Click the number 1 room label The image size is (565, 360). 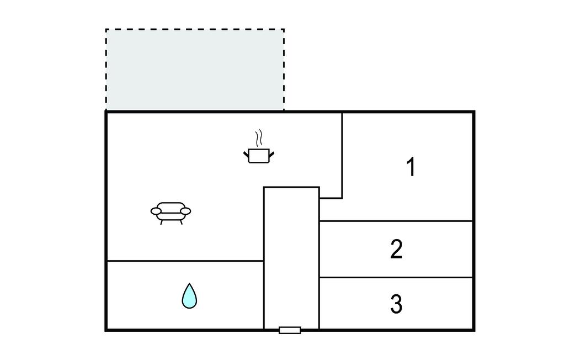[x=411, y=167]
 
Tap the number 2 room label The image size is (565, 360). [x=396, y=249]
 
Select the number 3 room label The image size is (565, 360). [x=396, y=304]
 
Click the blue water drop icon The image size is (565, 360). [x=189, y=296]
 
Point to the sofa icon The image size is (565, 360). [x=171, y=213]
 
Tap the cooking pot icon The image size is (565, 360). [x=259, y=156]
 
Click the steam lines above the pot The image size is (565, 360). [x=258, y=138]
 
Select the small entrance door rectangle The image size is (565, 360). [x=290, y=330]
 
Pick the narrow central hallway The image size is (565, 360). [x=291, y=258]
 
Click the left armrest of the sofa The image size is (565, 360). [x=156, y=211]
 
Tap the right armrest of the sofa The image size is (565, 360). [x=185, y=211]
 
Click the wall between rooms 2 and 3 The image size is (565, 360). [x=396, y=277]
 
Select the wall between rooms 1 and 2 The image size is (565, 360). [x=396, y=221]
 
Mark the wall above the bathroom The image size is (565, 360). [x=185, y=261]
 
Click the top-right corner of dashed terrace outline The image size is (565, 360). [x=284, y=30]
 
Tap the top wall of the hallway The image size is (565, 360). [x=291, y=187]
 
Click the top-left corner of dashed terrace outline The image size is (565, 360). [x=106, y=30]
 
